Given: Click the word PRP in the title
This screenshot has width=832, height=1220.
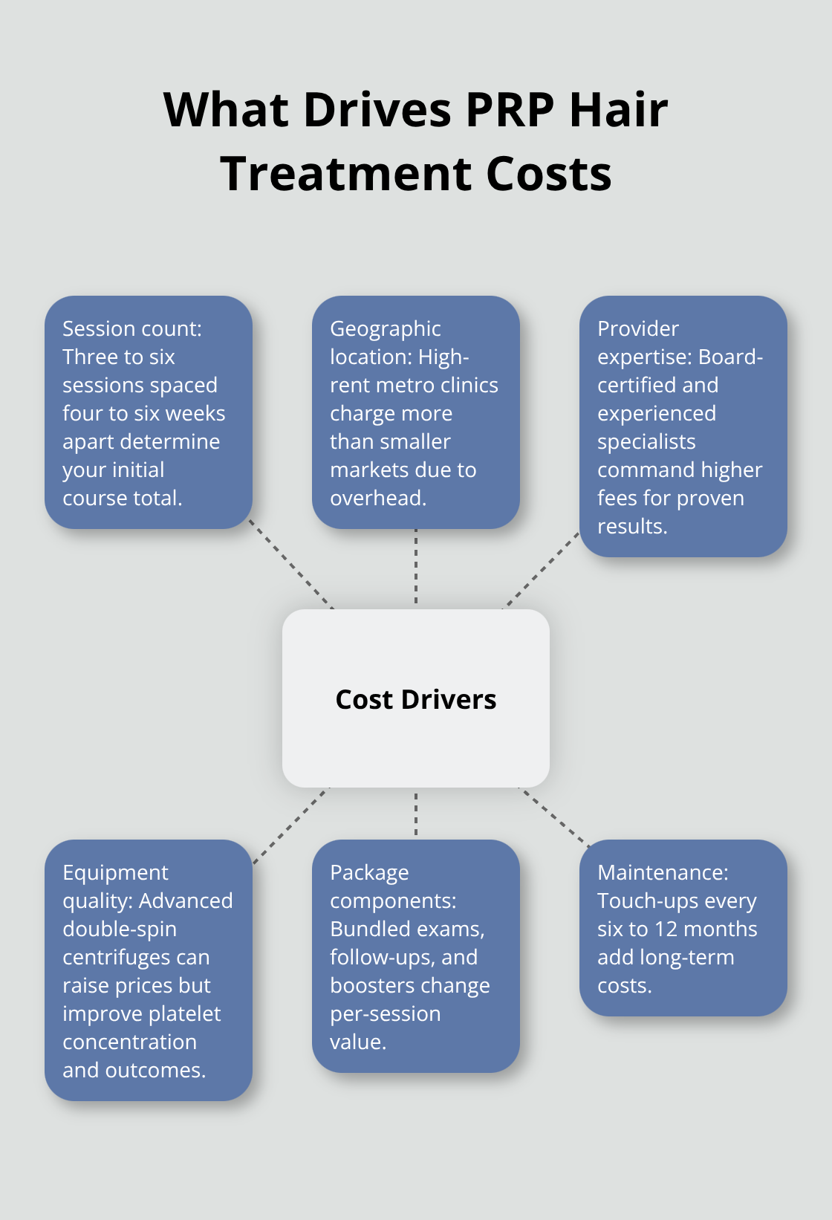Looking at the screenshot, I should click(x=510, y=110).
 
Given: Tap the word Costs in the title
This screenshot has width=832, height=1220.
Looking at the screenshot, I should click(x=549, y=174).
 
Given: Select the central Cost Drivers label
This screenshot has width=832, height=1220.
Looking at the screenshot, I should click(x=416, y=699).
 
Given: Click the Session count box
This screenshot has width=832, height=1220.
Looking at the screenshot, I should click(x=149, y=412).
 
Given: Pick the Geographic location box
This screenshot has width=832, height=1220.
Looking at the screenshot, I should click(x=416, y=412).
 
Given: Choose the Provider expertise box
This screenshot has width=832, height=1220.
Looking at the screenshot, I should click(x=683, y=426).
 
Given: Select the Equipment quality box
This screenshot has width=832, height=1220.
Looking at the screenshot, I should click(x=149, y=970).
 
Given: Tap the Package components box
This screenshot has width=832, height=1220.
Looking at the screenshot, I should click(x=416, y=955).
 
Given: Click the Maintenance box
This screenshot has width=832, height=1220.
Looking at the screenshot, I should click(x=683, y=927).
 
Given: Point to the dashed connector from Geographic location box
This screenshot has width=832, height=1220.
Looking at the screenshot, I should click(x=416, y=566).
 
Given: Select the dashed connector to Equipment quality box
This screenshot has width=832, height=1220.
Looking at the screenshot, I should click(x=291, y=825).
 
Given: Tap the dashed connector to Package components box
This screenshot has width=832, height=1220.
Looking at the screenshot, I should click(x=416, y=814).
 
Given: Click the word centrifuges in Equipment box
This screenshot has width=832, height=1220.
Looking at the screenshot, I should click(x=136, y=957).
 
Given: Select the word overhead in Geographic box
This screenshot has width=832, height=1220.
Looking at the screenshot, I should click(x=377, y=498).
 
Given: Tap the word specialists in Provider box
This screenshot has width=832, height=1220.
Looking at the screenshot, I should click(x=646, y=441).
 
